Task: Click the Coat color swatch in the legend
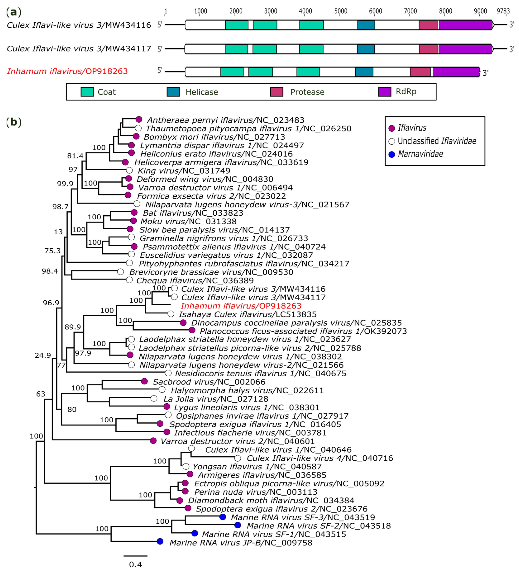(87, 92)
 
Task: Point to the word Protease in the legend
(307, 92)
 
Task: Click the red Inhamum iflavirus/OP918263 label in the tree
(241, 306)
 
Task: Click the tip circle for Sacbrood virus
(144, 381)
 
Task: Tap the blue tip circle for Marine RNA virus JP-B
(160, 541)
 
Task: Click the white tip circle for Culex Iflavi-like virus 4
(238, 458)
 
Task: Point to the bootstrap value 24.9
(43, 355)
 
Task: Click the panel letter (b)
(14, 122)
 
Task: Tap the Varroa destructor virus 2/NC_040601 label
(237, 441)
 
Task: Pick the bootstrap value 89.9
(73, 327)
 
